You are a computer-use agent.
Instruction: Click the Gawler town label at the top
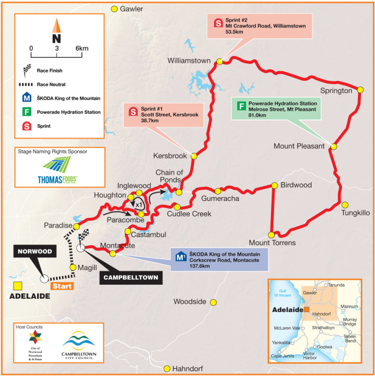131,9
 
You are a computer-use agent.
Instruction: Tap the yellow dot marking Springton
360,89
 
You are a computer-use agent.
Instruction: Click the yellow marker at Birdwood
274,185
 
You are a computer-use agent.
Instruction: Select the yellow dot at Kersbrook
194,156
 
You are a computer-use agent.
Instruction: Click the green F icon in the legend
27,111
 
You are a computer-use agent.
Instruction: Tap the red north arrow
56,26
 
